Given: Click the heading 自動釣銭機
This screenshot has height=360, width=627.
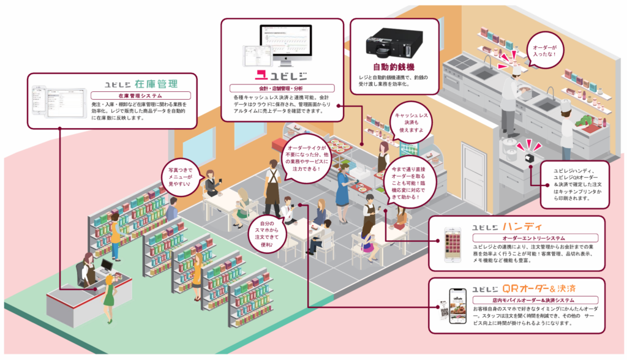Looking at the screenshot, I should [394, 66].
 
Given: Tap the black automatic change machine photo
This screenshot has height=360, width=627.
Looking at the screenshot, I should [394, 41].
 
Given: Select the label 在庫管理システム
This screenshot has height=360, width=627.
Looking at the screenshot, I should [141, 96].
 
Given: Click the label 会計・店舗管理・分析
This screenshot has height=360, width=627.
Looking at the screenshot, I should [282, 88].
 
